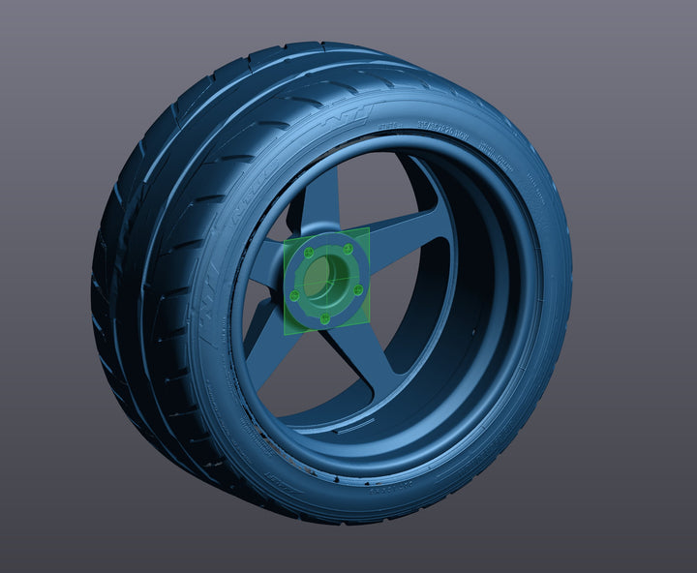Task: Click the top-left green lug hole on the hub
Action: pos(308,254)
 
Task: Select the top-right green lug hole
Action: pos(347,249)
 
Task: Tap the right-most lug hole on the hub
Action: pos(358,289)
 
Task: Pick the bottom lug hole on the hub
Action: pos(324,317)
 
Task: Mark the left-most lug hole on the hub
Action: pos(294,294)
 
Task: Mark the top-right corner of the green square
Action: pos(369,228)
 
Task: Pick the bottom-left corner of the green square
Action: pos(284,334)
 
